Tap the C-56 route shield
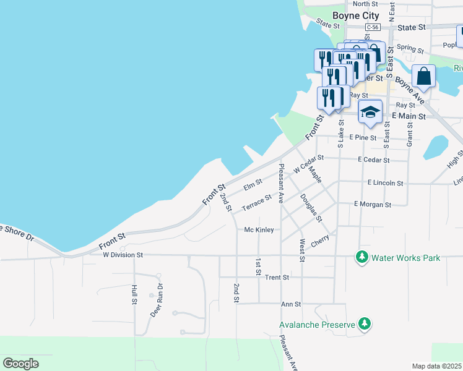point(372,28)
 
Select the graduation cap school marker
point(370,113)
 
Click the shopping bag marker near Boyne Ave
point(425,78)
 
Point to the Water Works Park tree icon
point(361,257)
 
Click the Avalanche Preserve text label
point(316,324)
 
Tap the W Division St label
point(123,254)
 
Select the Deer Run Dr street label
point(156,301)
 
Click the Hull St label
point(134,295)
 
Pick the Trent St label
point(277,278)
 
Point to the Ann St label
point(290,304)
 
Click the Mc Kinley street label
point(259,229)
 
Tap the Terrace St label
point(256,203)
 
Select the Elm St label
point(253,184)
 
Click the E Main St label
point(409,116)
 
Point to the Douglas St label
point(311,208)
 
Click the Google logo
point(20,364)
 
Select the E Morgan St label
point(373,204)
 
